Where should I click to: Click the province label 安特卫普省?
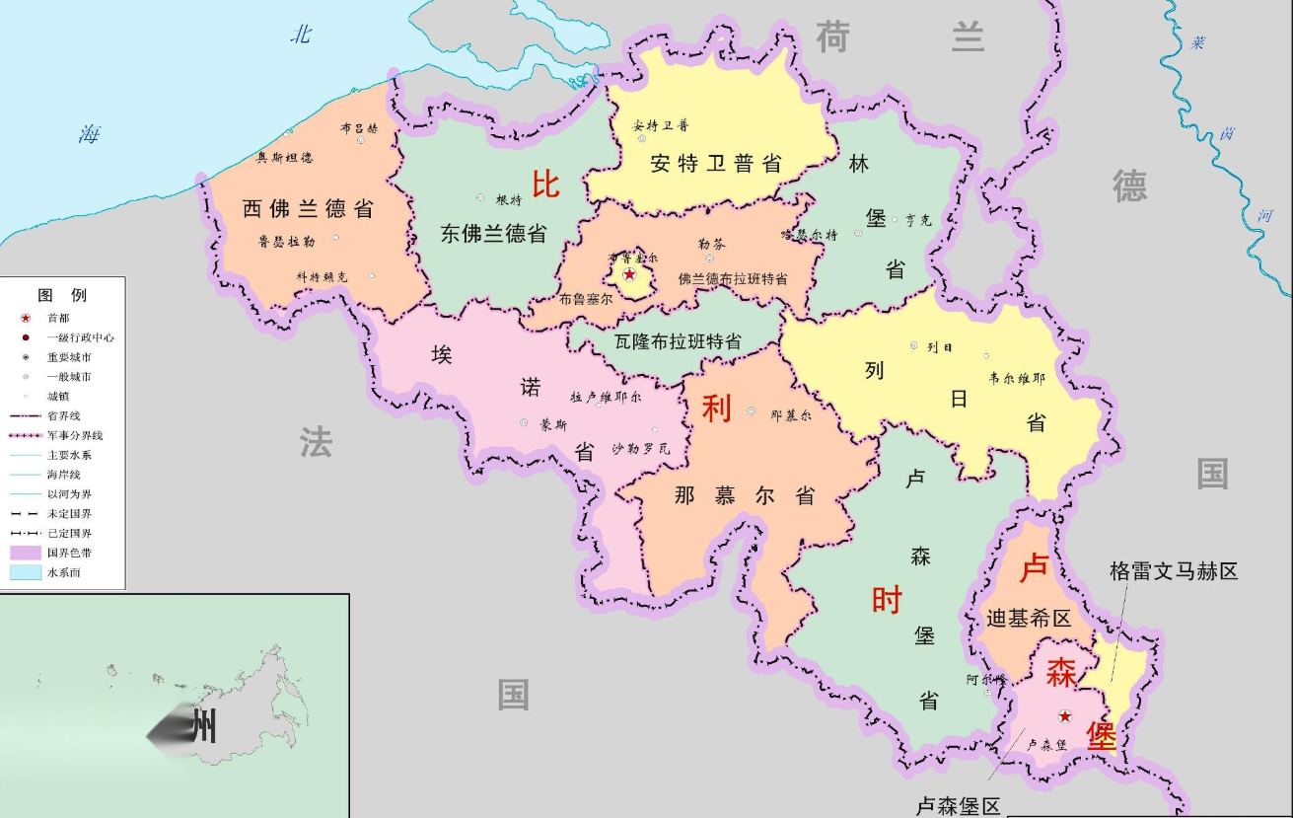[716, 164]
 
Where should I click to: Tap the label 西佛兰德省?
[308, 209]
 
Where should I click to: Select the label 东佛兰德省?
[493, 234]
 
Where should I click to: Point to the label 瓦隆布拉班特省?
[678, 342]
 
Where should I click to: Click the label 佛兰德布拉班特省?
[733, 279]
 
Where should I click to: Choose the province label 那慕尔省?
[745, 496]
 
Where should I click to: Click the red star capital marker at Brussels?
[629, 274]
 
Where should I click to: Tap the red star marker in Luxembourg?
[1064, 715]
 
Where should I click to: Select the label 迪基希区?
[1029, 619]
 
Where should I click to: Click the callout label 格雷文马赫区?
[1173, 571]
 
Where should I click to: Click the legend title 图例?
[62, 295]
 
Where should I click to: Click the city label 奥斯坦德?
[284, 158]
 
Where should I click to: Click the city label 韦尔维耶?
[1017, 377]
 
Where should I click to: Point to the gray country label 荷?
[831, 37]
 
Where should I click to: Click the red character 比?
[545, 185]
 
